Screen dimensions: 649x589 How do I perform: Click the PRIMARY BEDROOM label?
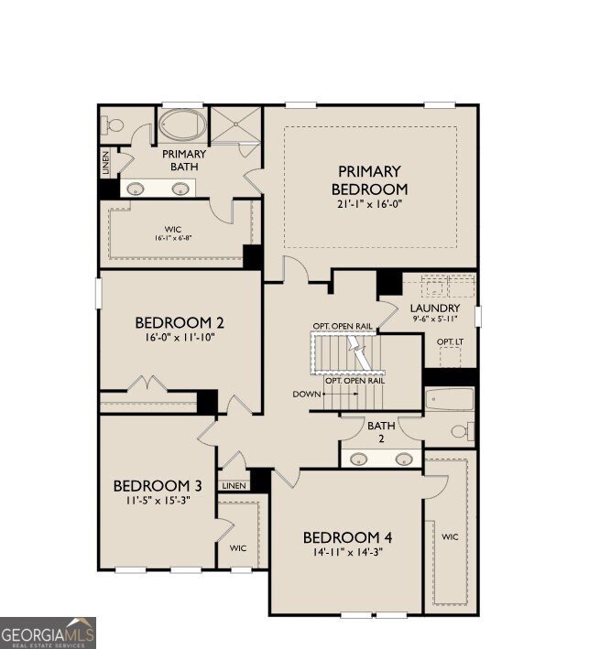pyautogui.click(x=369, y=179)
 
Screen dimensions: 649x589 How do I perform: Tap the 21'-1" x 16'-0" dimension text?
pyautogui.click(x=369, y=205)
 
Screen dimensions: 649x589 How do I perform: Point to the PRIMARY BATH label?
pyautogui.click(x=184, y=160)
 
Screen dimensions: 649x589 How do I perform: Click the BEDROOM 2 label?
pyautogui.click(x=180, y=322)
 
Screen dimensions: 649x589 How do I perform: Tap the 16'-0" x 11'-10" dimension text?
pyautogui.click(x=180, y=337)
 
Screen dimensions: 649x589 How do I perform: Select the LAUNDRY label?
pyautogui.click(x=434, y=308)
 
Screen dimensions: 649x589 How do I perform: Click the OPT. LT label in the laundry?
pyautogui.click(x=449, y=342)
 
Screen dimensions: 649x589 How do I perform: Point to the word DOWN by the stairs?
pyautogui.click(x=306, y=395)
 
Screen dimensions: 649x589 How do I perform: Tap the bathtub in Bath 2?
pyautogui.click(x=450, y=400)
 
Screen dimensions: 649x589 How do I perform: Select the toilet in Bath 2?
pyautogui.click(x=461, y=430)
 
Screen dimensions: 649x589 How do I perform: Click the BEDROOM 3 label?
pyautogui.click(x=158, y=485)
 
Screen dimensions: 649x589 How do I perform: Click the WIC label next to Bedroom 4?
pyautogui.click(x=449, y=536)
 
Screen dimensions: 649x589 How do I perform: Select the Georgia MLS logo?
pyautogui.click(x=48, y=633)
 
